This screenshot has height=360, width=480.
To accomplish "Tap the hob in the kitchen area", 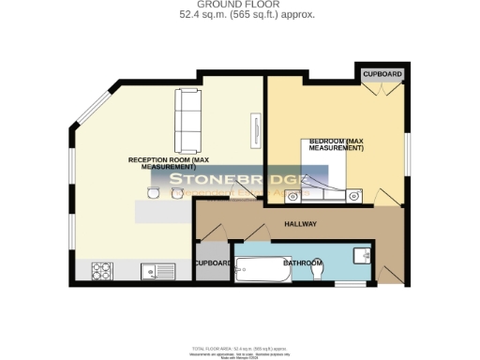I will pyautogui.click(x=102, y=271).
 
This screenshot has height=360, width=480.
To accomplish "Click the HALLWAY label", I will pyautogui.click(x=301, y=224).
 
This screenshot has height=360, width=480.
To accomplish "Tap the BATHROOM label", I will pyautogui.click(x=303, y=263).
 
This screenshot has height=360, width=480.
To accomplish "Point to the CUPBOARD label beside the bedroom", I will pyautogui.click(x=382, y=73).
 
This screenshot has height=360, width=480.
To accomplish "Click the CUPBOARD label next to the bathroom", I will pyautogui.click(x=214, y=263).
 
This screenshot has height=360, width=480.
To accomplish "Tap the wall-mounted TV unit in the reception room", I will pyautogui.click(x=254, y=129).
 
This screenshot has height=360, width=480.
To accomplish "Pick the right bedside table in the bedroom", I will pyautogui.click(x=354, y=196).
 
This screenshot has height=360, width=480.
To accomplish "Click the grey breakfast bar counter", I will pyautogui.click(x=164, y=212).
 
